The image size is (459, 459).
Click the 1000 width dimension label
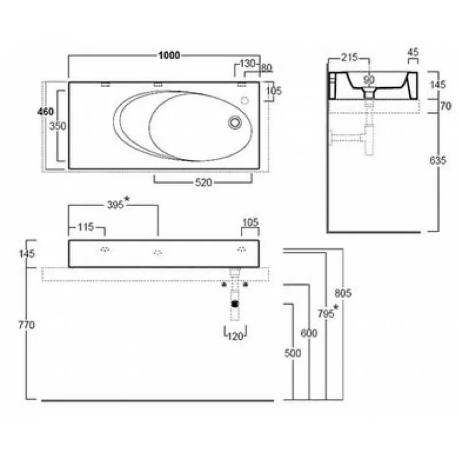point(169,55)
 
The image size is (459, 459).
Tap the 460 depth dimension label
point(45,111)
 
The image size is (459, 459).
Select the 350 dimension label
point(58,126)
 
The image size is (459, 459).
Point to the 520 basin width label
point(203,182)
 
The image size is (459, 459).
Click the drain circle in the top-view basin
point(235,122)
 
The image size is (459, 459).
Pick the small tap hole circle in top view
point(245,101)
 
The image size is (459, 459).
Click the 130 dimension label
point(247,63)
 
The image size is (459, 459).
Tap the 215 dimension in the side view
point(349,57)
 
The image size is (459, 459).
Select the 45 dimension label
point(413,52)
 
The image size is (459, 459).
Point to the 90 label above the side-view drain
point(369,80)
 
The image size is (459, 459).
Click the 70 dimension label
point(446,106)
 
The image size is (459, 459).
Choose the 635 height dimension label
point(438,161)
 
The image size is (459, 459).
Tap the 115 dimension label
point(85,227)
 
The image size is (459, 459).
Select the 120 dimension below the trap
point(235,336)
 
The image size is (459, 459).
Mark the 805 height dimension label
point(343,293)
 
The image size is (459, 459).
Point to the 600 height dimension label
point(309,333)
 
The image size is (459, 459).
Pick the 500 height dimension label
point(293,353)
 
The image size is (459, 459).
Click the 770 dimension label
point(26,325)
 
